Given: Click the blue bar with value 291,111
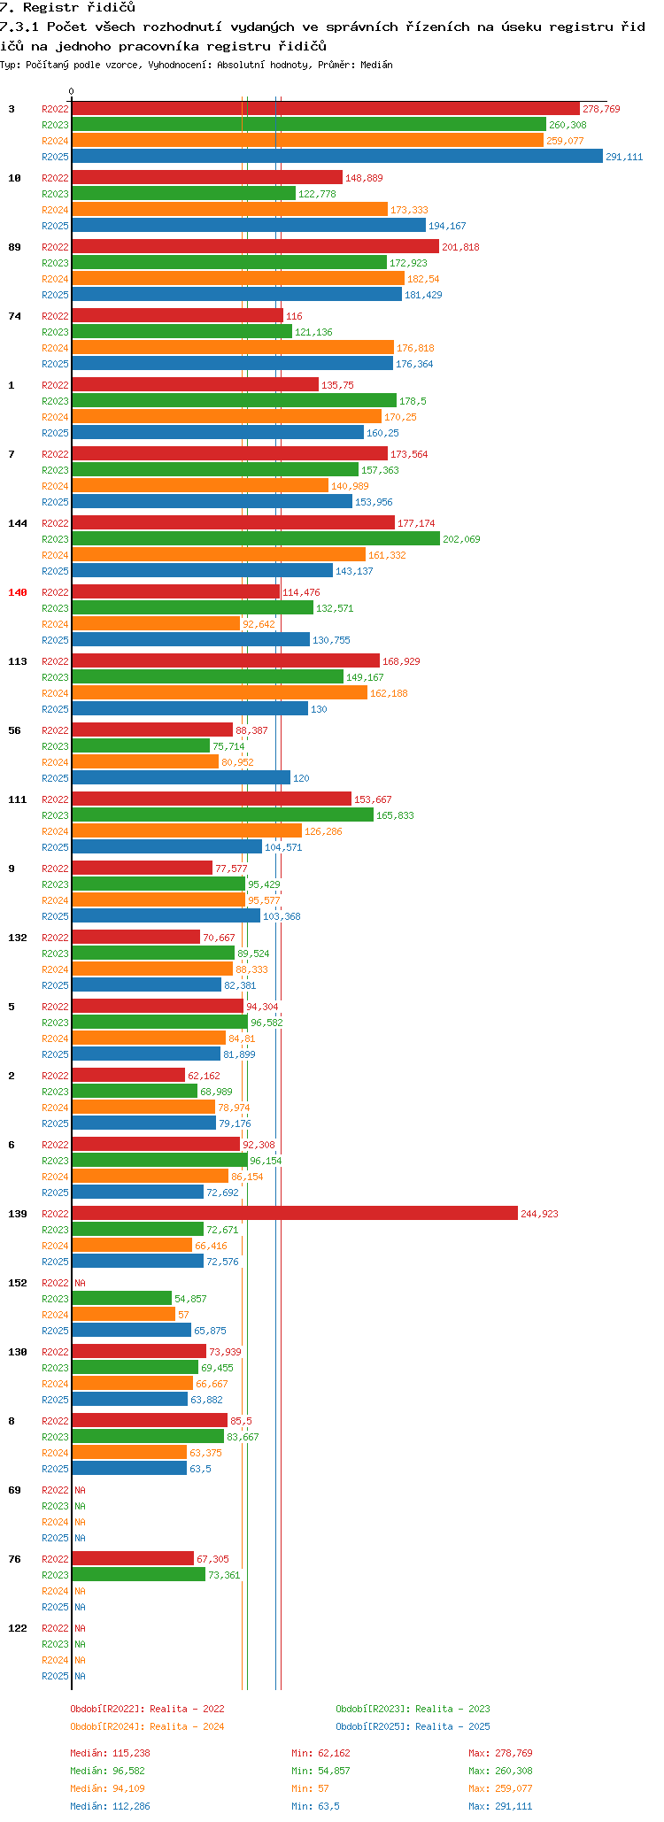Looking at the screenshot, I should [x=336, y=157].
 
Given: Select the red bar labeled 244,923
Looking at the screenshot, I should [x=294, y=1214].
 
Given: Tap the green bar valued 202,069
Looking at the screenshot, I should [x=255, y=539].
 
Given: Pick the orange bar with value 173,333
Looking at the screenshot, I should [x=229, y=210].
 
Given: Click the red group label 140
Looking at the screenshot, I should [x=18, y=592].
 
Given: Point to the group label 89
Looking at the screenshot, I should [x=14, y=247].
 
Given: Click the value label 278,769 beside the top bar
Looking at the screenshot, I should [x=601, y=109].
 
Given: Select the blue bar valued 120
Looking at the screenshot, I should [x=181, y=778].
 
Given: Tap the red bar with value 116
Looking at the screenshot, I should [x=177, y=316].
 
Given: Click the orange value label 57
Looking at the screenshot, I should [x=183, y=1315].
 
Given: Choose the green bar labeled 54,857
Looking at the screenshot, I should [x=121, y=1299].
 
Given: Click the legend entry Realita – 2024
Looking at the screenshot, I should [x=147, y=1726].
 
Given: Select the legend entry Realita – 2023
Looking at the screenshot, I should [x=413, y=1709].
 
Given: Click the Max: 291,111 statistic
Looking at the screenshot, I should [x=500, y=1806].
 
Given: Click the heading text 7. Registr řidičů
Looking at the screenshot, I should [x=68, y=8].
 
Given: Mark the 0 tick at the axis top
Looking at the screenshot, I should [x=72, y=92].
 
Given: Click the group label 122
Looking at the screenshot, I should [x=18, y=1628].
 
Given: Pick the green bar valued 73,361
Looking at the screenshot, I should [x=138, y=1575].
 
